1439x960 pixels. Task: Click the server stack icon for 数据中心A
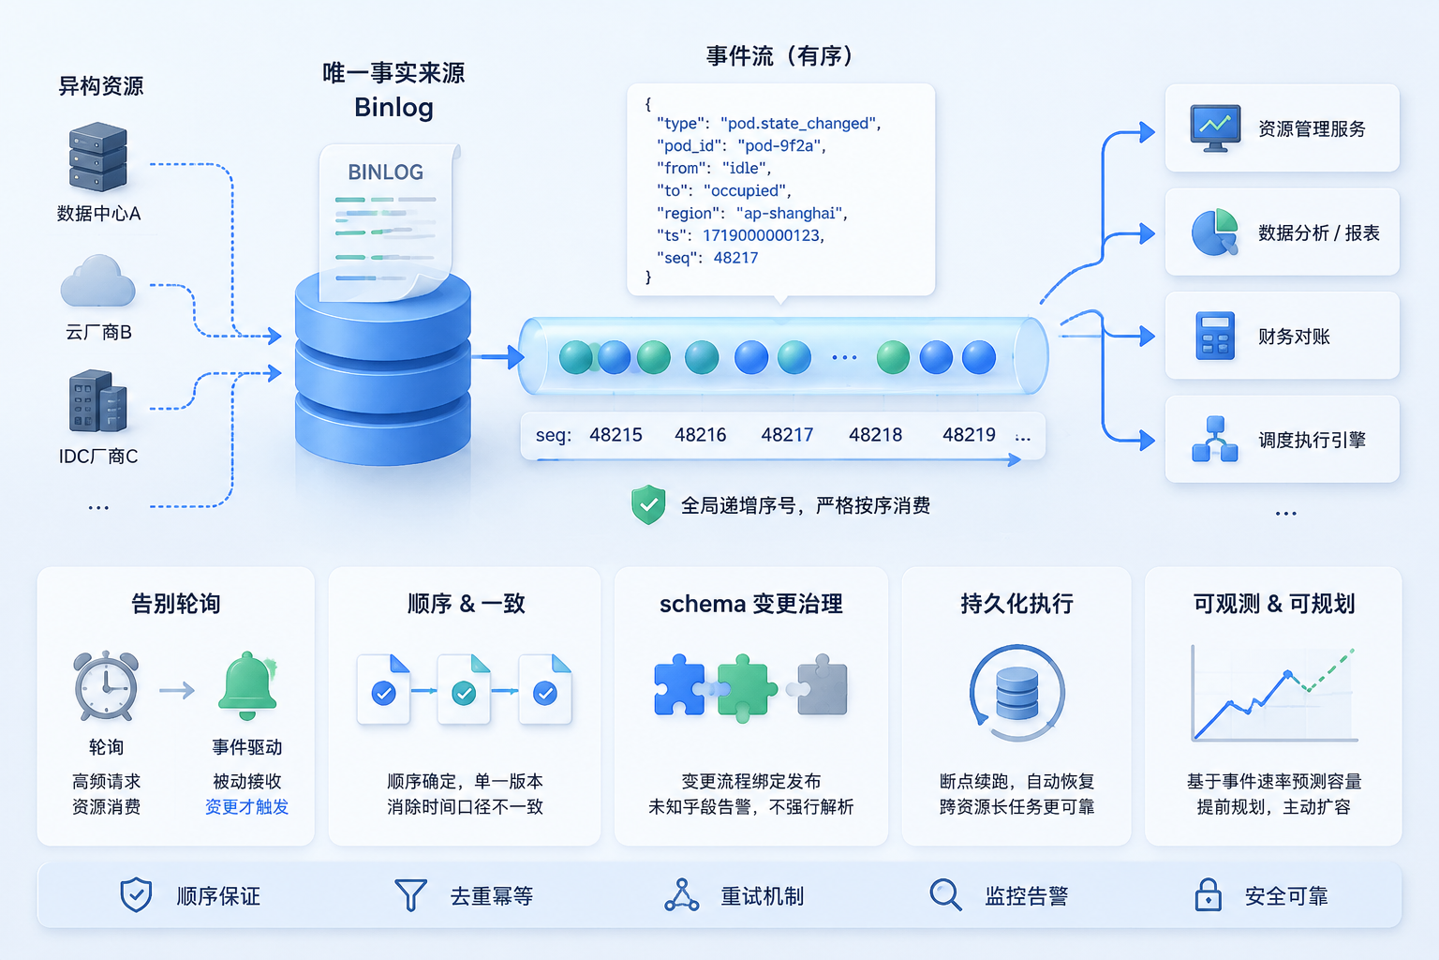point(97,157)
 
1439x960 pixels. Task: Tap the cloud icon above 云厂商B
point(97,281)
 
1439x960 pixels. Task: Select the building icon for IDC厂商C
point(97,400)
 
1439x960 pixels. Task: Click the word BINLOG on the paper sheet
point(385,172)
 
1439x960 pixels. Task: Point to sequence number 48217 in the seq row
point(787,435)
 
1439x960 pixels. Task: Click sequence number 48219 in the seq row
point(969,435)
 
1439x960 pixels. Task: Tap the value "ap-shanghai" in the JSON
point(792,214)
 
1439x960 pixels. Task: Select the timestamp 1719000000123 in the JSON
point(762,235)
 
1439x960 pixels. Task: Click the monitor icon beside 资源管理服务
point(1215,128)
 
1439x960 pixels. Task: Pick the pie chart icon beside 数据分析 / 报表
point(1215,232)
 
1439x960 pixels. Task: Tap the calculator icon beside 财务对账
point(1215,336)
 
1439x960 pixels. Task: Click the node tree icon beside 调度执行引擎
point(1215,439)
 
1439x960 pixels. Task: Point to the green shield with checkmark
point(648,504)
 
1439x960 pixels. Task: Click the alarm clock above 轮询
point(106,685)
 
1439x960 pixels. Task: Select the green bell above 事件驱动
point(247,685)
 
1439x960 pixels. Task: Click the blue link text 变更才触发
point(246,807)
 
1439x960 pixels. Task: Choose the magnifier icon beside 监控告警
point(945,895)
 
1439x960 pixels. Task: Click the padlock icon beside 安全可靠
point(1208,894)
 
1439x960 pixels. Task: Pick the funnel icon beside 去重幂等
point(410,895)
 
